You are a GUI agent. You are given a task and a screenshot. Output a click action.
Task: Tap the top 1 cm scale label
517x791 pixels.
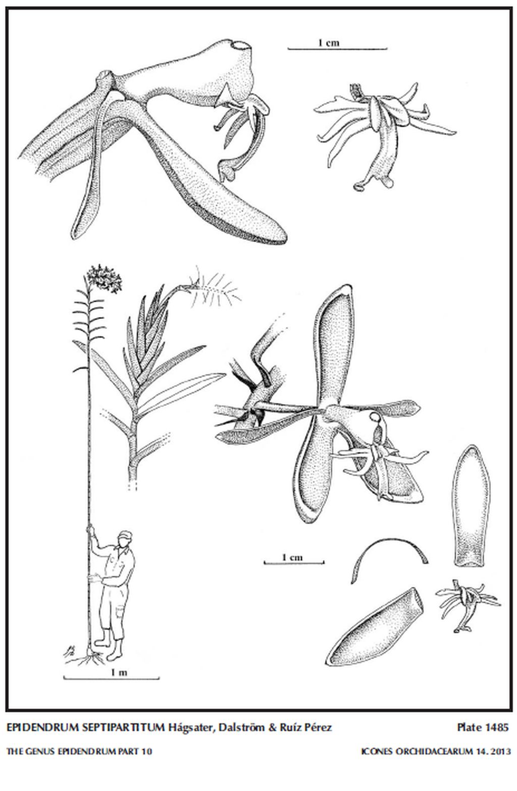tap(328, 43)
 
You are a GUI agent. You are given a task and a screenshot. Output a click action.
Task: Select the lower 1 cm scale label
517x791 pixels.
tap(292, 558)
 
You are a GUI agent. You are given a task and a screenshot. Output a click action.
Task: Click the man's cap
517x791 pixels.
tap(125, 534)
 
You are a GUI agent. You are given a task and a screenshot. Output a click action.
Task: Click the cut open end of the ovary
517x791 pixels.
tap(241, 45)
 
